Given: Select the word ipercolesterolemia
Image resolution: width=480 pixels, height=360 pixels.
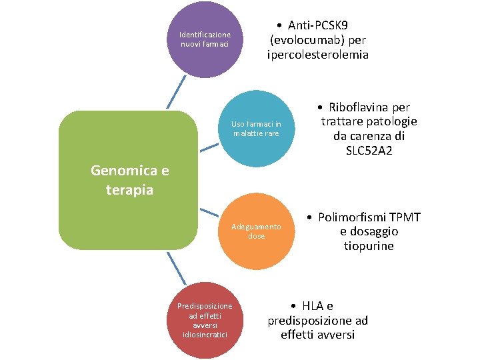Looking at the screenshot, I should coord(317,55).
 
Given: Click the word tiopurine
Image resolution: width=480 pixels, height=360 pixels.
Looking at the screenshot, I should coord(369,246).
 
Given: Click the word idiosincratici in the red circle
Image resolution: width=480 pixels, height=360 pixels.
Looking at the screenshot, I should coord(205,334).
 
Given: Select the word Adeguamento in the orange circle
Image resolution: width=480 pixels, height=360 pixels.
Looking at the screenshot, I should coord(257,227).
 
